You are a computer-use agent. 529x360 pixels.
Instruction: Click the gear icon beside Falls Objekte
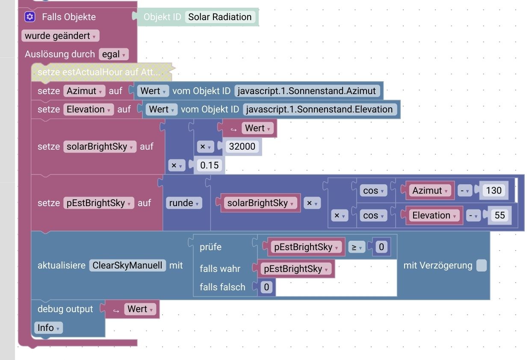(30, 17)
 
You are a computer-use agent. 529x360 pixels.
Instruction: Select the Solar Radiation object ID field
(220, 17)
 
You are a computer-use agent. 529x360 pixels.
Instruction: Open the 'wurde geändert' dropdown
(60, 36)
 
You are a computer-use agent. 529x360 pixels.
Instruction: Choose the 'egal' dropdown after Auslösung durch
(113, 54)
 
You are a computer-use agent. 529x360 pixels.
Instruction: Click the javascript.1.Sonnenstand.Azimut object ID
(307, 91)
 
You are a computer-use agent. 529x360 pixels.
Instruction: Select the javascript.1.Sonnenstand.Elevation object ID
(319, 109)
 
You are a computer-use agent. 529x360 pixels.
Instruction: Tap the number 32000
(242, 147)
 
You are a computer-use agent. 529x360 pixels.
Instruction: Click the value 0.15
(210, 165)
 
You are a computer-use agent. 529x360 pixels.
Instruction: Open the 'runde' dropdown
(184, 203)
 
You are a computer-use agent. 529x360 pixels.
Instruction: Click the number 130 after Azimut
(494, 191)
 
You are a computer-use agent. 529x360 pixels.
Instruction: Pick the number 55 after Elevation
(499, 215)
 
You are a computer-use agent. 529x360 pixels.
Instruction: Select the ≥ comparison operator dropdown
(356, 247)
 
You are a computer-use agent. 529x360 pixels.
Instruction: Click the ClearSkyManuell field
(127, 266)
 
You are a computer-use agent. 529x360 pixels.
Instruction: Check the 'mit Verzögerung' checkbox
(482, 266)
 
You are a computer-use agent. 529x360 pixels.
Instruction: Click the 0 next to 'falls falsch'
(266, 287)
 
